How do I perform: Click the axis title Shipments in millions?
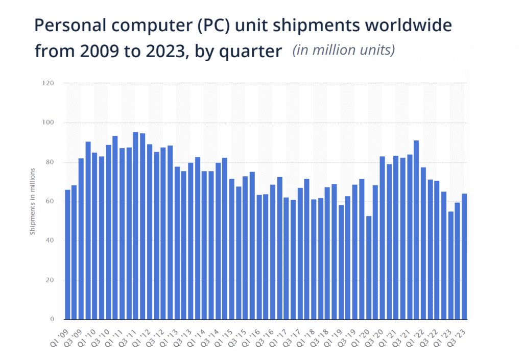[x=32, y=201]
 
